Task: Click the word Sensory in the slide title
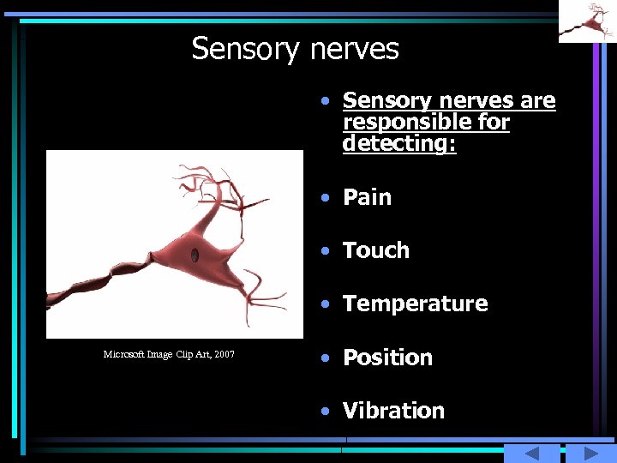pyautogui.click(x=241, y=49)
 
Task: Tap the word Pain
pyautogui.click(x=367, y=197)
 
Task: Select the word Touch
pyautogui.click(x=376, y=250)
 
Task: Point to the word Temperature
pyautogui.click(x=415, y=304)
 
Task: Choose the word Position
pyautogui.click(x=387, y=358)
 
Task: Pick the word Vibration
pyautogui.click(x=393, y=411)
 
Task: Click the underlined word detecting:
pyautogui.click(x=399, y=143)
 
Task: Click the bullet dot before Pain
pyautogui.click(x=325, y=198)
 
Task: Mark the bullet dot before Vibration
pyautogui.click(x=325, y=412)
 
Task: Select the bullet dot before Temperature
pyautogui.click(x=325, y=304)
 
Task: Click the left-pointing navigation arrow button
pyautogui.click(x=531, y=454)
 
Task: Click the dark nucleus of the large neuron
pyautogui.click(x=195, y=255)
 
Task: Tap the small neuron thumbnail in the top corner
pyautogui.click(x=587, y=21)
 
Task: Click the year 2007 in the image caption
pyautogui.click(x=225, y=354)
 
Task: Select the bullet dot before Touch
pyautogui.click(x=325, y=251)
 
